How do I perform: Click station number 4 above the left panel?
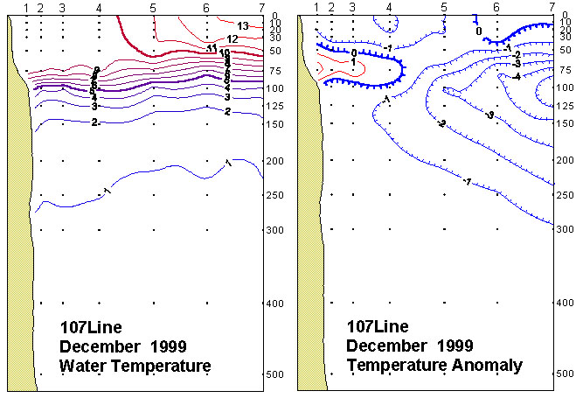coord(99,8)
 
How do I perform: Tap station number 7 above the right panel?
coord(552,8)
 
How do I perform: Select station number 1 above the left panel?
coord(27,8)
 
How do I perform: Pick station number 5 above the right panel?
coord(444,8)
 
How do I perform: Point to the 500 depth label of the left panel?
coord(275,374)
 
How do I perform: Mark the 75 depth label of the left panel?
coord(275,70)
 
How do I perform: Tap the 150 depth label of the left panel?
coord(275,124)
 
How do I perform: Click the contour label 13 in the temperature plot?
coord(243,26)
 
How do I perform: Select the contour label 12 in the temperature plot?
coord(232,39)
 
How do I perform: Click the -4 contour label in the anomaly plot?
coord(517,77)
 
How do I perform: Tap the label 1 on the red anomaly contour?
coord(352,63)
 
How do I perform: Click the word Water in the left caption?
coord(80,365)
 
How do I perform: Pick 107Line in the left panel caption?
coord(85,327)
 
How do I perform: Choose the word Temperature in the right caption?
coord(398,365)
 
